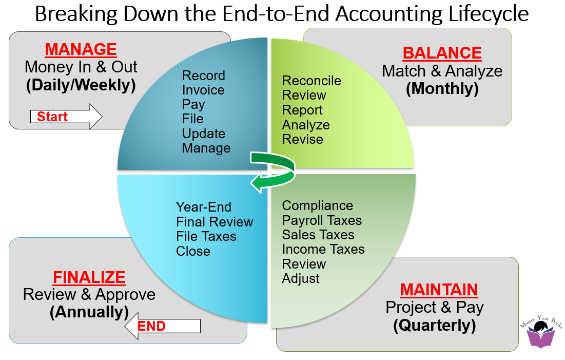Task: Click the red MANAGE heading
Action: click(81, 50)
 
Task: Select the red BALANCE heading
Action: click(442, 53)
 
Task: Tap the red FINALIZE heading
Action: click(89, 278)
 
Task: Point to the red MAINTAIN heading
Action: click(439, 290)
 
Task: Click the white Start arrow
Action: click(66, 117)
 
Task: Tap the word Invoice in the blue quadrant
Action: click(203, 90)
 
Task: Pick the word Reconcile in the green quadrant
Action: click(311, 81)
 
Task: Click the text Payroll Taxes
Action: click(322, 220)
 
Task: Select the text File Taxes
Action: click(206, 237)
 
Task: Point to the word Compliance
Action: click(317, 206)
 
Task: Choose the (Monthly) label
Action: click(442, 89)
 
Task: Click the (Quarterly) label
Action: click(434, 325)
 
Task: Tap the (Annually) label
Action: click(89, 312)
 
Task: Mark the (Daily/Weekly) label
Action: click(81, 85)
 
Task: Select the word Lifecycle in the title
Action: click(482, 14)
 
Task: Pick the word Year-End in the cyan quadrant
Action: click(204, 207)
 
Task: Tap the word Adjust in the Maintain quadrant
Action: click(301, 279)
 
